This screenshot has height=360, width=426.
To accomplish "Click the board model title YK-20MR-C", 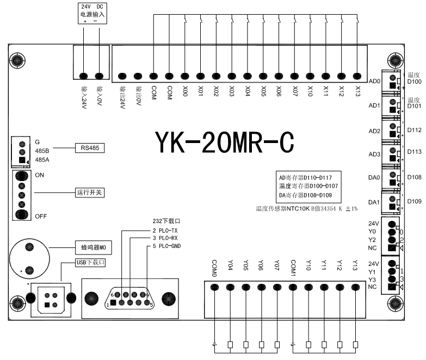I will tap(225, 142).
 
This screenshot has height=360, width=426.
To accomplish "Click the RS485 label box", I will tap(89, 147).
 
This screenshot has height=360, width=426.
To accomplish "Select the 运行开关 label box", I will tap(89, 193).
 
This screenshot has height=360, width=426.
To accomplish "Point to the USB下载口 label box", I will tap(90, 262).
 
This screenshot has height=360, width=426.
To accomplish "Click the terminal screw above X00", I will tap(185, 77).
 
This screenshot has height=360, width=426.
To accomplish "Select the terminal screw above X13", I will tap(357, 77).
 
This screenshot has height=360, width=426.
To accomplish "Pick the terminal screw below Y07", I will tap(277, 287).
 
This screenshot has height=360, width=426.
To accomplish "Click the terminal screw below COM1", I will tap(293, 287).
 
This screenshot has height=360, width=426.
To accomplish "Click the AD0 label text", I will tap(374, 82).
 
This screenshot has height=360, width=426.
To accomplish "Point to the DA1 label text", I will tap(374, 202).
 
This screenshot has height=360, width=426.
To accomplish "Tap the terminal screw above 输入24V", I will tap(84, 77).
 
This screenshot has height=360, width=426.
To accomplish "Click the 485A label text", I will tap(43, 160).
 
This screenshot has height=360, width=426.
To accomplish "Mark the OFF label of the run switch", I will tap(41, 216).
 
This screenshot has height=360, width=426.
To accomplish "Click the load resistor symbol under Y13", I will tap(356, 344).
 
